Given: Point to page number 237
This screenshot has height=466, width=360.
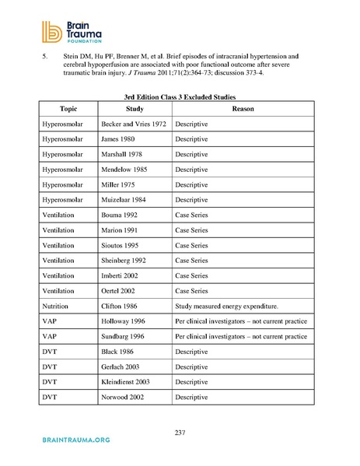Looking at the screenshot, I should [180, 433].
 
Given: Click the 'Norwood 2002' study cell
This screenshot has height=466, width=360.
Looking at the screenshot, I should [124, 398].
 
